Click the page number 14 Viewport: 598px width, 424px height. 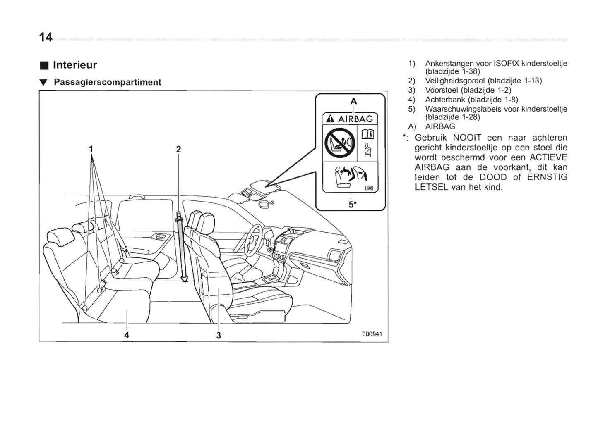point(46,38)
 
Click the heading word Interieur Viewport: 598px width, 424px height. point(75,65)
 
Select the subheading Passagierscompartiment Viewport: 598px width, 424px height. point(108,82)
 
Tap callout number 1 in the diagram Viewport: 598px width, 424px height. point(91,149)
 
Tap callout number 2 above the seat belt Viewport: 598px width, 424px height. point(178,149)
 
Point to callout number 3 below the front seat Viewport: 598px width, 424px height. point(219,335)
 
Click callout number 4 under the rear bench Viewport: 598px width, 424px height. point(127,335)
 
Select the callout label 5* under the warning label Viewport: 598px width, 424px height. point(352,204)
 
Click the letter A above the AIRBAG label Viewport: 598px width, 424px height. point(353,101)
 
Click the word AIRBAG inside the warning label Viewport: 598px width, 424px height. point(355,119)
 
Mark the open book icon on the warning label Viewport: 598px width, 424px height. point(367,134)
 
